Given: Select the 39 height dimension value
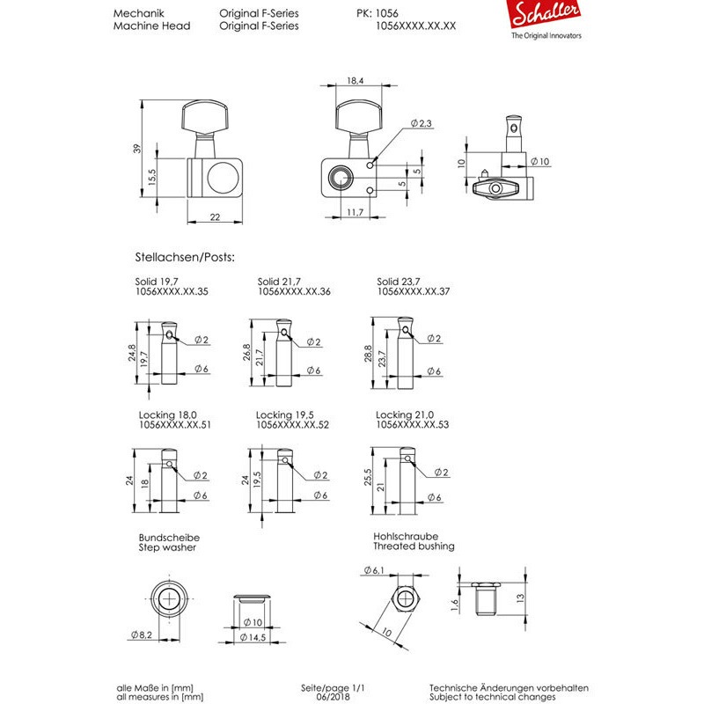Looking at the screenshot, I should pyautogui.click(x=136, y=149).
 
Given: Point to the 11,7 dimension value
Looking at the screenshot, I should pyautogui.click(x=356, y=211).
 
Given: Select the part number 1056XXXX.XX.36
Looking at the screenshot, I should pyautogui.click(x=294, y=290).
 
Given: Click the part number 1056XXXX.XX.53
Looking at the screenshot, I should pyautogui.click(x=412, y=423).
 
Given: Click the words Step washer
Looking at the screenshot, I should pyautogui.click(x=167, y=546).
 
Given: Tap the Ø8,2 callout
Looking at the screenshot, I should pyautogui.click(x=141, y=634).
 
